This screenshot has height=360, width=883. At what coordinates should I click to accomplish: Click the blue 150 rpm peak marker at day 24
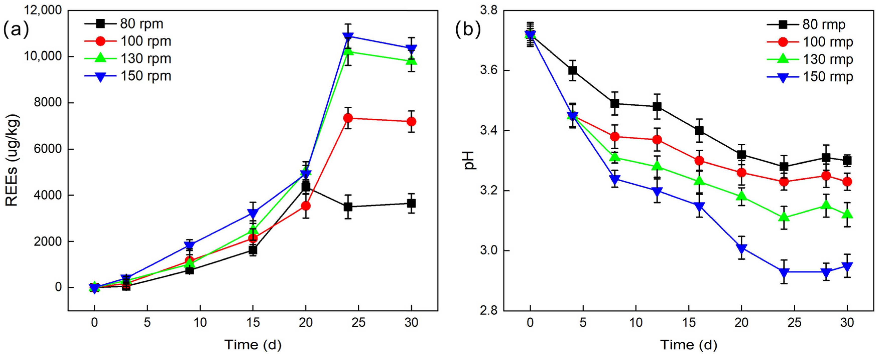click(x=348, y=36)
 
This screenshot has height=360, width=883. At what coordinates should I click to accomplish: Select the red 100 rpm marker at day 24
click(x=348, y=118)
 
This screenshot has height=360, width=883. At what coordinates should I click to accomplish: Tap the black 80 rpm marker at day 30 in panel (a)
click(x=411, y=203)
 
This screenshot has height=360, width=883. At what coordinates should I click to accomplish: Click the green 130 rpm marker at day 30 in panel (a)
click(x=411, y=61)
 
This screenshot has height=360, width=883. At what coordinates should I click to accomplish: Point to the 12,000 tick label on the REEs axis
click(x=43, y=10)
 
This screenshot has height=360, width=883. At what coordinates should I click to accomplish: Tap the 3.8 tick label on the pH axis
click(x=489, y=10)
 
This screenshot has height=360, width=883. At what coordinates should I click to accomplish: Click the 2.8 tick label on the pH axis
click(x=489, y=311)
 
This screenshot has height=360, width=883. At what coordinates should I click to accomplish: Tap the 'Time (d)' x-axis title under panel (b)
click(x=689, y=344)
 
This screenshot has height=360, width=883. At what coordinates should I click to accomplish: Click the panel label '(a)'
click(x=16, y=29)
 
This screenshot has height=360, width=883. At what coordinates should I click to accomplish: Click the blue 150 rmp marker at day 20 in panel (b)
click(x=742, y=248)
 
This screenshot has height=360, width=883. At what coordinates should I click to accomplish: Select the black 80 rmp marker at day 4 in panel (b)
click(x=572, y=70)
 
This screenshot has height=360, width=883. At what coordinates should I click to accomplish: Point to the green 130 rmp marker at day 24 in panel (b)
click(x=784, y=217)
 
